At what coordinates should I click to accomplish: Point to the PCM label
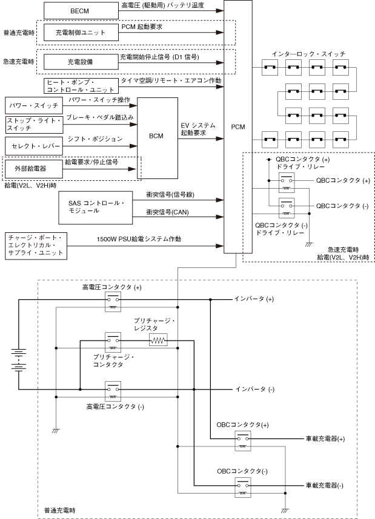point(238,127)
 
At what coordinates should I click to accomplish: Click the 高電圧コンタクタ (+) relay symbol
point(113,302)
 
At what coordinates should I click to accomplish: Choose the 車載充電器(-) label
point(325,486)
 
